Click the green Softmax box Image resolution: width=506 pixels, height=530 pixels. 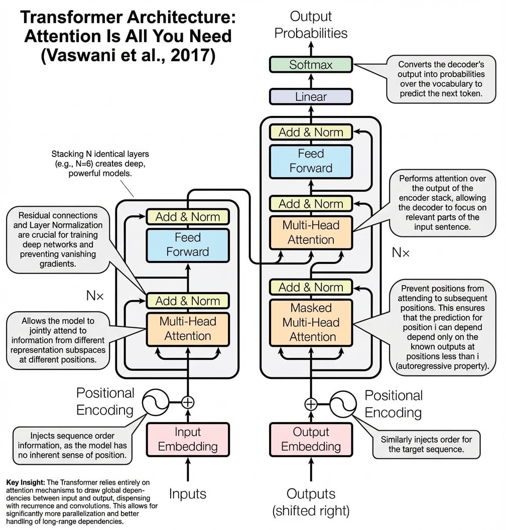pyautogui.click(x=311, y=65)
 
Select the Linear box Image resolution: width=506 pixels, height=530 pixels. pyautogui.click(x=311, y=97)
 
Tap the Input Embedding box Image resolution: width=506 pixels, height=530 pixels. pyautogui.click(x=188, y=439)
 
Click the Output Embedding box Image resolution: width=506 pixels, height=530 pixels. pyautogui.click(x=311, y=439)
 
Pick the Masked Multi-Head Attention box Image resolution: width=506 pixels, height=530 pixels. pyautogui.click(x=311, y=322)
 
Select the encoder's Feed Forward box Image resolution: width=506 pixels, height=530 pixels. pyautogui.click(x=188, y=244)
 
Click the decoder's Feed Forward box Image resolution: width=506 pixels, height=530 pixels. pyautogui.click(x=311, y=161)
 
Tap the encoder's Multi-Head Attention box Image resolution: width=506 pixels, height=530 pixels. pyautogui.click(x=188, y=329)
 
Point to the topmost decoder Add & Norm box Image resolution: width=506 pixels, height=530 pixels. pyautogui.click(x=311, y=132)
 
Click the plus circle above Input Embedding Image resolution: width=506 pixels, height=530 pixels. pyautogui.click(x=188, y=402)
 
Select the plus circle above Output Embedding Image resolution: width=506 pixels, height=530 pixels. pyautogui.click(x=311, y=404)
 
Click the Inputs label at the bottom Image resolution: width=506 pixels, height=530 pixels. pyautogui.click(x=188, y=494)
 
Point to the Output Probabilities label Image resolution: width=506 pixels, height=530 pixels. pyautogui.click(x=311, y=25)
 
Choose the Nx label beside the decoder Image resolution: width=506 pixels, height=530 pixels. pyautogui.click(x=401, y=252)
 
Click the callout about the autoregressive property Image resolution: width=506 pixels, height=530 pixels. pyautogui.click(x=443, y=327)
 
